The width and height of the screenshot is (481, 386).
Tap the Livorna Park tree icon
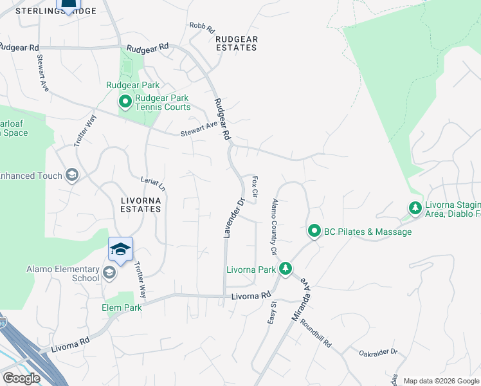click(286, 268)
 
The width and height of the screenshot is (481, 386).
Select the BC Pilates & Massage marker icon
click(314, 230)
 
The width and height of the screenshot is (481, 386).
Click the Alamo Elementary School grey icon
click(109, 273)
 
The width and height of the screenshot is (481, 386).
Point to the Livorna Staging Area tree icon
click(415, 208)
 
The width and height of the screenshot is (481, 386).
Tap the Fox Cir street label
click(255, 187)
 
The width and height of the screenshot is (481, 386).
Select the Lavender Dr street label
click(234, 218)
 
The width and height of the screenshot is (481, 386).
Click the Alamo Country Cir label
click(274, 226)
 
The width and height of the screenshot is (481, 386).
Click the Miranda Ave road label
click(307, 297)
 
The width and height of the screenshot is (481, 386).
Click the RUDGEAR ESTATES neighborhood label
click(237, 43)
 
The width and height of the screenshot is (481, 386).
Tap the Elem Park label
click(121, 308)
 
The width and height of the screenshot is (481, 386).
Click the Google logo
click(21, 378)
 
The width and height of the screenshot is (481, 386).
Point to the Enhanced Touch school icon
click(72, 175)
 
